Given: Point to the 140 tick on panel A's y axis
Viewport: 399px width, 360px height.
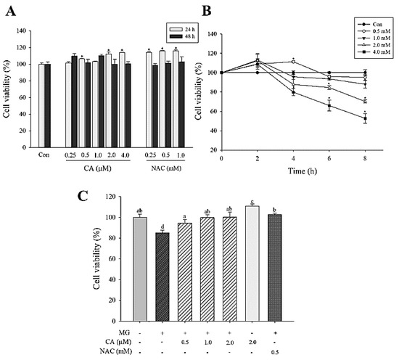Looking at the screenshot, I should pos(22,31).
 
